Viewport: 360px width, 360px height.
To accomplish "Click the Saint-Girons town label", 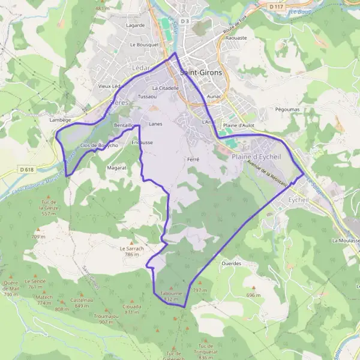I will [x=201, y=73].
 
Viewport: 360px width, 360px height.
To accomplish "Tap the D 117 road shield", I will [x=276, y=6].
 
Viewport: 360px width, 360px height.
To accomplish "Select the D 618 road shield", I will [x=26, y=170].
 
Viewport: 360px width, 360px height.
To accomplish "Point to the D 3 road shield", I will [x=184, y=22].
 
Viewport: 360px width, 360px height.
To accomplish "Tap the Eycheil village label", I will [x=298, y=200].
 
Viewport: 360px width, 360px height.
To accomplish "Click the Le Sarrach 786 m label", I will [x=132, y=251].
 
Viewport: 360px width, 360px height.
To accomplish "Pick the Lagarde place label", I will [x=136, y=25].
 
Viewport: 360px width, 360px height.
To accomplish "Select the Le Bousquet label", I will [x=145, y=44].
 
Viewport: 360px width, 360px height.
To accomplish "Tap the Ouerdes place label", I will [x=231, y=263].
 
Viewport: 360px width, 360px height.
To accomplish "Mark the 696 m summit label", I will [x=254, y=295].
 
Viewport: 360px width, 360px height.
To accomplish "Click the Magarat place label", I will [x=116, y=168].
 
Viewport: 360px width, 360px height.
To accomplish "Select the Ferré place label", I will [x=193, y=160].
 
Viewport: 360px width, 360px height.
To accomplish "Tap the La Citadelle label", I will [x=166, y=88].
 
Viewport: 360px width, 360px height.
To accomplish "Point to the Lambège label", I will [x=60, y=120].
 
